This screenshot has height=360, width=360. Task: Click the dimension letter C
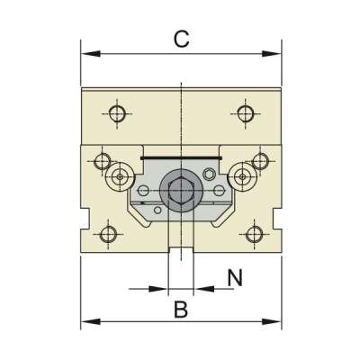(182, 40)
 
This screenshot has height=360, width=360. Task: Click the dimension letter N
(235, 277)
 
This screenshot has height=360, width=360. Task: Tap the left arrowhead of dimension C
(91, 54)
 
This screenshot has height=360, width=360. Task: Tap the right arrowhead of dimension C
(272, 54)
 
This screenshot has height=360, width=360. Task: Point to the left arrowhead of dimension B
(91, 322)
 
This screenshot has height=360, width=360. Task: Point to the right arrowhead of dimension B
(272, 322)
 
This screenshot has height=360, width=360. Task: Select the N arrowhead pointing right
(158, 289)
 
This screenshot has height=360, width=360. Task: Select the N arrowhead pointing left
(204, 289)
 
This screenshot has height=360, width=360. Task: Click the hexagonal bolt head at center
(181, 192)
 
